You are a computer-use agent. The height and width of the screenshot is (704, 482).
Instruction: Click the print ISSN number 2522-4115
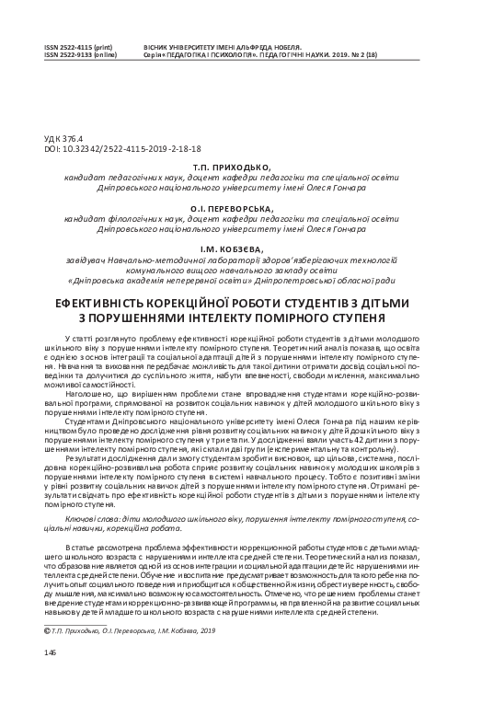68,45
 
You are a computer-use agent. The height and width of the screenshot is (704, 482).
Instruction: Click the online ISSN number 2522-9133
68,53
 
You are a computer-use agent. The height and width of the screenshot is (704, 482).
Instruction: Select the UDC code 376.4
71,138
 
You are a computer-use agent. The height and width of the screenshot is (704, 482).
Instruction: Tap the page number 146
50,652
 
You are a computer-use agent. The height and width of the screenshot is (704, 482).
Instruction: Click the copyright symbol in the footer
47,630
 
